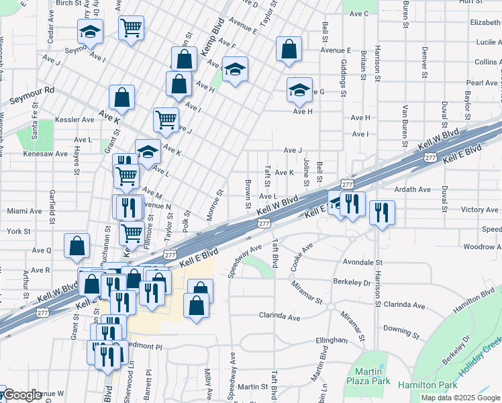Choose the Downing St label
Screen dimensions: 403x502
tap(401, 331)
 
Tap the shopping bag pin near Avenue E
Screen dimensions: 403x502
tap(289, 49)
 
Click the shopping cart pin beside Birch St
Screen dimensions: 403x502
tap(132, 28)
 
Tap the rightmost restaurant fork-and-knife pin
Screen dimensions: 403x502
tap(382, 212)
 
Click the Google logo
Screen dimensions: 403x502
tap(23, 396)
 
